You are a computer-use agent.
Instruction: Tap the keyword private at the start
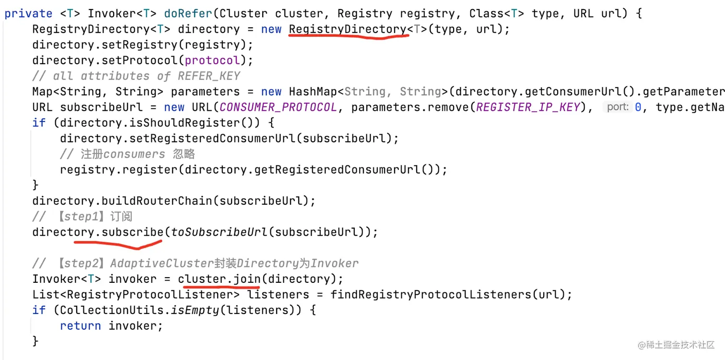point(28,13)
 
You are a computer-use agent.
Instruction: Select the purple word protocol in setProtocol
point(212,60)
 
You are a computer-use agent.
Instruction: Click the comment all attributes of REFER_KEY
point(136,76)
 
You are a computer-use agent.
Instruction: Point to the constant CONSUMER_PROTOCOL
point(278,107)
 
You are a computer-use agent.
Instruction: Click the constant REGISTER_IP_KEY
point(528,107)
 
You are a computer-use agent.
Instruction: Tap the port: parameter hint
point(618,107)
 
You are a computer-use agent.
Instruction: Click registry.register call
point(118,170)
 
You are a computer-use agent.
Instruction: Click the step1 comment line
point(82,216)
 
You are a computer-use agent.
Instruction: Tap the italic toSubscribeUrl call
point(219,232)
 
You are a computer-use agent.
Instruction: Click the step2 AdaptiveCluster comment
point(195,263)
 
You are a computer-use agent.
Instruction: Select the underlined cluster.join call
point(219,279)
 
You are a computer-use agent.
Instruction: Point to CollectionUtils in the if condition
point(112,310)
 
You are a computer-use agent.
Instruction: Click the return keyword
point(80,326)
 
